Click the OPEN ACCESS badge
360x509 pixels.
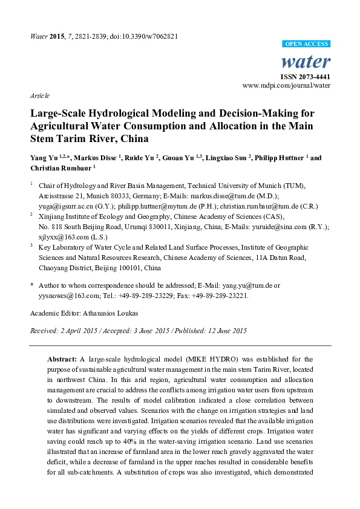click(307, 45)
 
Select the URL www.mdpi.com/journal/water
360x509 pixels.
click(286, 86)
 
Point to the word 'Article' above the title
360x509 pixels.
click(39, 96)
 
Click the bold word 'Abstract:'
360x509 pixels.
click(62, 359)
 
